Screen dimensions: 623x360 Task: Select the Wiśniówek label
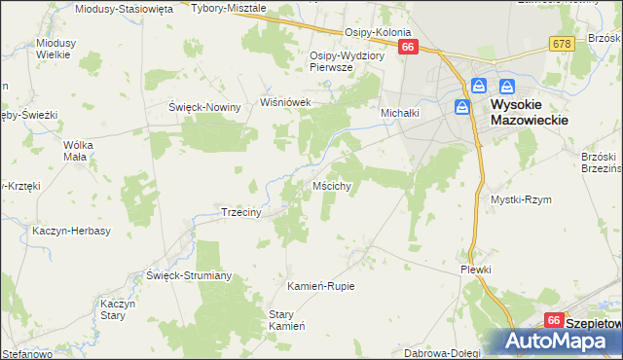tap(283, 101)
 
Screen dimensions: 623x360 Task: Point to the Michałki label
tap(399, 113)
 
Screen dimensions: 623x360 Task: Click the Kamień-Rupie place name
tap(320, 286)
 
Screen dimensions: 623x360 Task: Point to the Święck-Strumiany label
tap(189, 275)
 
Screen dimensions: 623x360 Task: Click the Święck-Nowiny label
tap(204, 107)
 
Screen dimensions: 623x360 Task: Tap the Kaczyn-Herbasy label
tap(71, 231)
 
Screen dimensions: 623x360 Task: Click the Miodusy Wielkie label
tap(53, 49)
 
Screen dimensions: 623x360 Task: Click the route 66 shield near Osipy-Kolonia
tap(408, 47)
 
